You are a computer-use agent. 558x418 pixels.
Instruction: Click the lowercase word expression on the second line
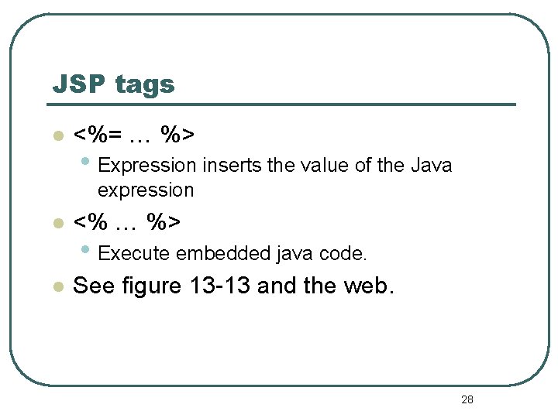(x=146, y=190)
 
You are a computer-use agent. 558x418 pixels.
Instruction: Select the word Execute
(x=136, y=253)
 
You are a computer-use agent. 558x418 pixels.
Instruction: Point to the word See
(x=94, y=286)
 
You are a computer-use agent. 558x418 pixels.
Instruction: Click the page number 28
(x=467, y=399)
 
